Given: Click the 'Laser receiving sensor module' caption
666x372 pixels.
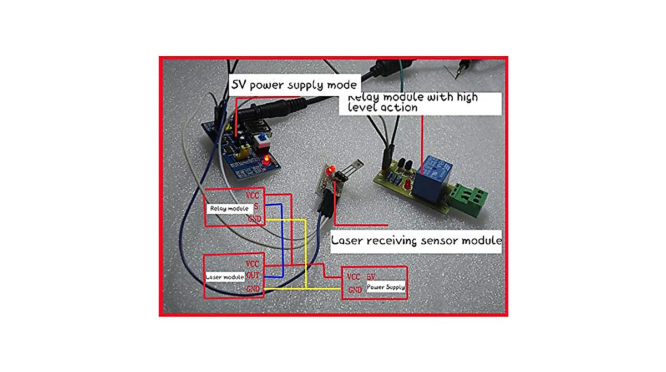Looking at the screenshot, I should coord(416,241).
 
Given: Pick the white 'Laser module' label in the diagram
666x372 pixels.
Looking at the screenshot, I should coord(225,277).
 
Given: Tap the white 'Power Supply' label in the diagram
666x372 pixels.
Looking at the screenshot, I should coord(385,287).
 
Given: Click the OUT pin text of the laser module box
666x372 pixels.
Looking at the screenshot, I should coord(253,275).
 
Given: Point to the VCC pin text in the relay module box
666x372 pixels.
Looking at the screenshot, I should coord(253,195).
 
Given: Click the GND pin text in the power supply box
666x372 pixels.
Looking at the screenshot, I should coord(355,290).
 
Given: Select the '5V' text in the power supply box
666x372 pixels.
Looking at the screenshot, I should coord(372,276).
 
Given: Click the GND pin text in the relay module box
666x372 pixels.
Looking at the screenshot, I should coord(254,220).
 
